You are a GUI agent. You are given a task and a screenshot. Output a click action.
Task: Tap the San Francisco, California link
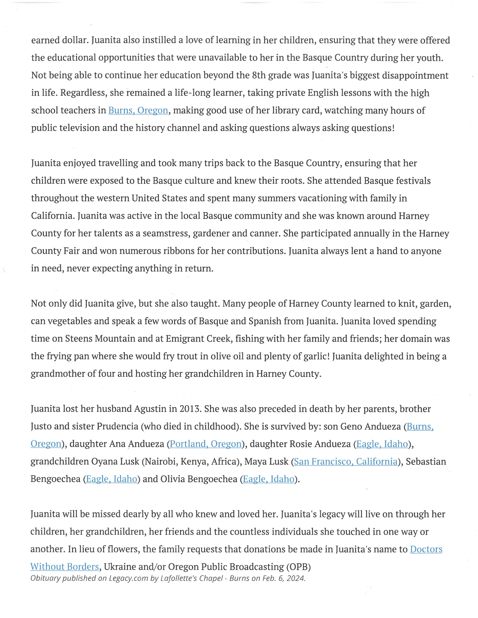pyautogui.click(x=345, y=461)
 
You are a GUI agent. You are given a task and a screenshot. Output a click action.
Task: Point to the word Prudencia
pyautogui.click(x=119, y=426)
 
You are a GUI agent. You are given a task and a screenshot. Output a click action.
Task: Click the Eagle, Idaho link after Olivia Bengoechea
pyautogui.click(x=268, y=479)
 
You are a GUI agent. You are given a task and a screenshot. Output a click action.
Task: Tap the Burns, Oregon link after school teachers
pyautogui.click(x=138, y=110)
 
